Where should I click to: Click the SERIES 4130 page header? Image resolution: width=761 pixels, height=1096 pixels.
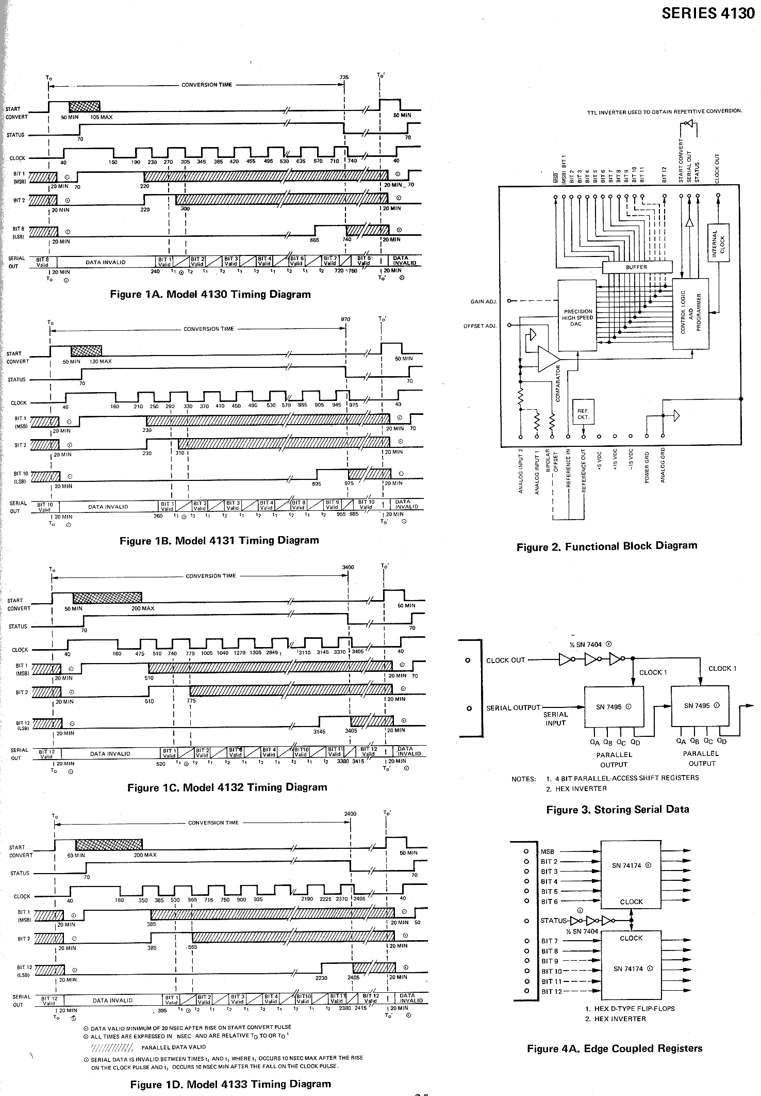708,14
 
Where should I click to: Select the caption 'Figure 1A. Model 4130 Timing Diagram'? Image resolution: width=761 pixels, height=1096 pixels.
210,295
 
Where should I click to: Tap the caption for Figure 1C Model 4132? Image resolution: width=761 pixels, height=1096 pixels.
227,787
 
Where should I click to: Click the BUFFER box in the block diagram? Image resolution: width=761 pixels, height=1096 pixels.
637,267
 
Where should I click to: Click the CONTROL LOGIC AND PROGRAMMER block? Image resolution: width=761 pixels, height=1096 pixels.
690,313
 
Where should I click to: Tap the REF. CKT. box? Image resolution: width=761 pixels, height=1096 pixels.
583,414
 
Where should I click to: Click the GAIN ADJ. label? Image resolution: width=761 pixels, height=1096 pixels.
484,301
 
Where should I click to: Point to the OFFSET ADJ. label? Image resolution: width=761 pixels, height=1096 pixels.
480,325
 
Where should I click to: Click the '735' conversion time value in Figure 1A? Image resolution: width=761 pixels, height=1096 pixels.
344,77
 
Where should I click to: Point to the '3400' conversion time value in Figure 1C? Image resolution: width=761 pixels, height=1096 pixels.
348,567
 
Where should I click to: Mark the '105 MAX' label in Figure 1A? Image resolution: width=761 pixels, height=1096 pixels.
101,117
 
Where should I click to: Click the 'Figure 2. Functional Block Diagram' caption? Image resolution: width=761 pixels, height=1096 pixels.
606,546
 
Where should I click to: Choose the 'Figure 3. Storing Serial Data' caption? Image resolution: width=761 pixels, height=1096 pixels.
617,809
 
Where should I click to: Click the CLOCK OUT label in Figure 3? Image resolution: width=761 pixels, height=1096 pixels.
505,660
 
